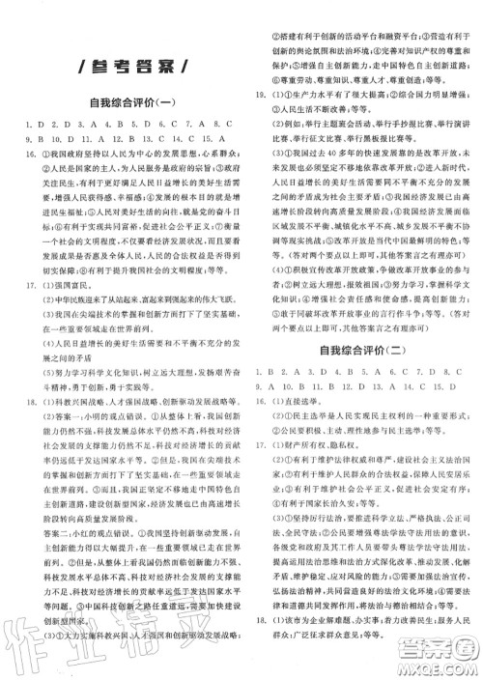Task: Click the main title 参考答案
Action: [x=121, y=66]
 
